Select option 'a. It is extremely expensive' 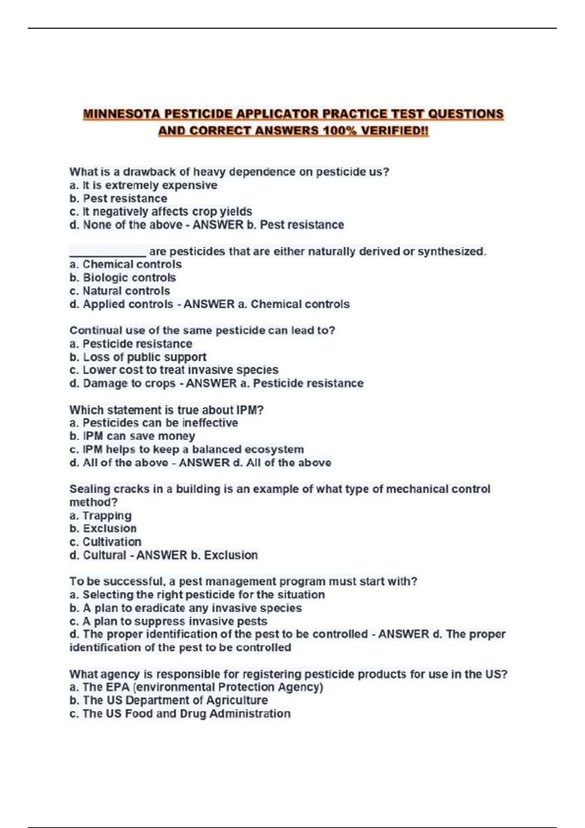pyautogui.click(x=143, y=185)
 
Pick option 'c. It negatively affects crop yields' pyautogui.click(x=161, y=211)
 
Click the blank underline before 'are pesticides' pyautogui.click(x=108, y=252)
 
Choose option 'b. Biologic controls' pyautogui.click(x=123, y=278)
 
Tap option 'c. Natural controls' pyautogui.click(x=120, y=291)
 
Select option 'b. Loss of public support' pyautogui.click(x=138, y=357)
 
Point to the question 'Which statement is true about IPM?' pyautogui.click(x=166, y=410)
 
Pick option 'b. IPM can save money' pyautogui.click(x=132, y=436)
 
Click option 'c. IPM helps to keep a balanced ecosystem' pyautogui.click(x=187, y=449)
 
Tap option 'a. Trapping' pyautogui.click(x=100, y=515)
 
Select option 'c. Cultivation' pyautogui.click(x=105, y=542)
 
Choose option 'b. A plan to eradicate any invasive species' pyautogui.click(x=186, y=608)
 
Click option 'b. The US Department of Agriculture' pyautogui.click(x=169, y=700)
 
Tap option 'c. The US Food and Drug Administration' pyautogui.click(x=180, y=714)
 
